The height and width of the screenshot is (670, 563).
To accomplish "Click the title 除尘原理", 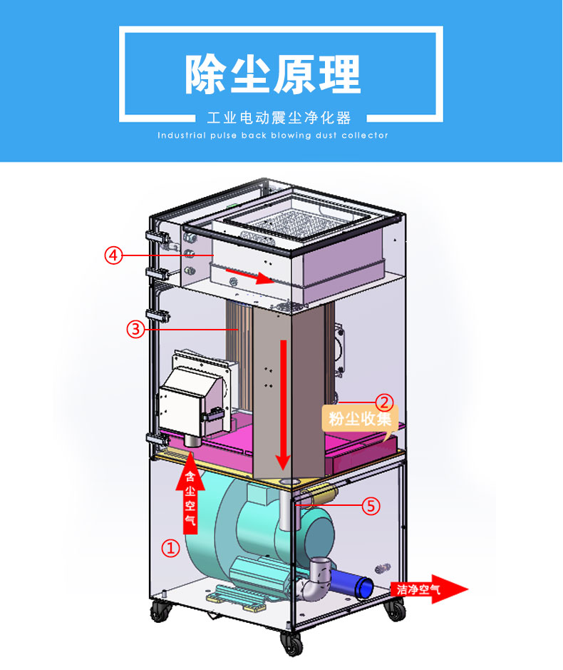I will [x=273, y=73].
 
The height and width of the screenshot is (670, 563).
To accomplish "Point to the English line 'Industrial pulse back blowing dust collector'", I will [x=273, y=135].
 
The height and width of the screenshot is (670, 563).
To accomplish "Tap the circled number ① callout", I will [x=170, y=548].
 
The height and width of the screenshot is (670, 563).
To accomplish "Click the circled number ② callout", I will [x=384, y=402].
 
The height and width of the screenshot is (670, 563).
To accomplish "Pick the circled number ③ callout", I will [x=136, y=328].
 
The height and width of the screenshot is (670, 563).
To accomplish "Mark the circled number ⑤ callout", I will [x=370, y=506].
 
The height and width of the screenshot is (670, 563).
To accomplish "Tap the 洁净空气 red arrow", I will [x=428, y=589].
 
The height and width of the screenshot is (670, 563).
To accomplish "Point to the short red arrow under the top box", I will [x=249, y=276].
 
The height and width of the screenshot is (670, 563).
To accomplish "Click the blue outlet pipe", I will [x=356, y=582].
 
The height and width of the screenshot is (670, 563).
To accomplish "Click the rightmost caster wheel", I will [x=394, y=609].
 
